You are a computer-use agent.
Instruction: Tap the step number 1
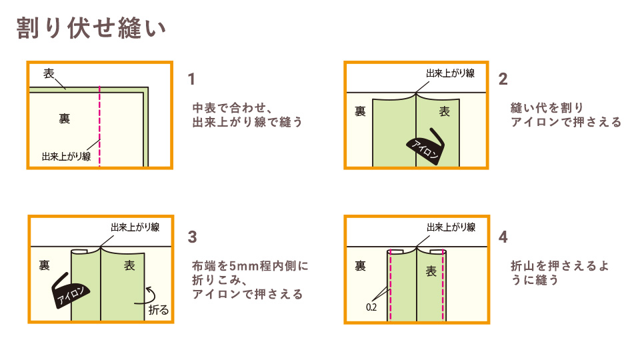click(x=192, y=80)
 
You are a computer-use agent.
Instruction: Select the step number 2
click(x=503, y=80)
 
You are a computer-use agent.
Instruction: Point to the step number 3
click(x=193, y=237)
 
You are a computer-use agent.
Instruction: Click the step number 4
click(x=503, y=237)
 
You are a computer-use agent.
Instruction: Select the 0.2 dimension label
click(x=373, y=309)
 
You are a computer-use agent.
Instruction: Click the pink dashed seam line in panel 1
click(x=99, y=127)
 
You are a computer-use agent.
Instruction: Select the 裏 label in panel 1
click(x=64, y=119)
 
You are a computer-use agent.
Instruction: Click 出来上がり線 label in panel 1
click(x=66, y=157)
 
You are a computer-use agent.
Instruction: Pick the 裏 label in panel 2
click(x=360, y=112)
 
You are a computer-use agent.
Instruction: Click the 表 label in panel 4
click(x=431, y=271)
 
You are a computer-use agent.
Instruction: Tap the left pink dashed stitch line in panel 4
click(x=389, y=287)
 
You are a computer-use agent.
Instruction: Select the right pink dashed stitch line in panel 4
click(x=444, y=287)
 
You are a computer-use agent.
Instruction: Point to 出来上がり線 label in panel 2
click(x=450, y=73)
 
